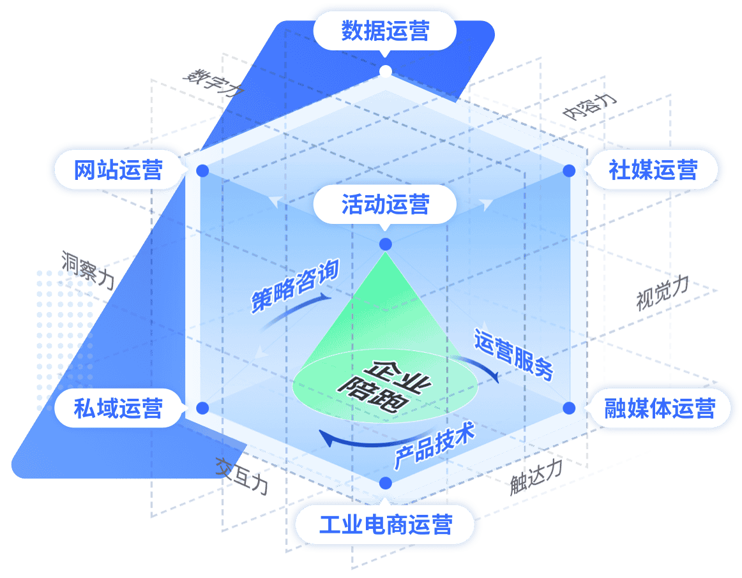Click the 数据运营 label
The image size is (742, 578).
coord(385,31)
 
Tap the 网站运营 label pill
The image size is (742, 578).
coord(118,170)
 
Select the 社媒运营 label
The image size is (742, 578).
coord(653,170)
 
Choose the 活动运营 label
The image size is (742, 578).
coord(385,205)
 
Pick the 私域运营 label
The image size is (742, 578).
coord(118,408)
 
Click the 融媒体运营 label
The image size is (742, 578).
coord(659,408)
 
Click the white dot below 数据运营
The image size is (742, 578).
coord(385,71)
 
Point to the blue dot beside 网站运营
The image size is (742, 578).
coord(202,171)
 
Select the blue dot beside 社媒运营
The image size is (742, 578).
coord(568,171)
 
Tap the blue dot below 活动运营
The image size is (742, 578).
coord(385,244)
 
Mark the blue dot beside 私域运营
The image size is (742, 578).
coord(202,408)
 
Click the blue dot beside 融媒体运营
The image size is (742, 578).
coord(568,408)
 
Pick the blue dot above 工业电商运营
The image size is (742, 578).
coord(384,483)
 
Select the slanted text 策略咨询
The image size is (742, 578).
coord(294,286)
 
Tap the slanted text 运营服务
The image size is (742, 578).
coord(513,355)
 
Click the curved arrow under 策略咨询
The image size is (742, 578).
coord(294,311)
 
